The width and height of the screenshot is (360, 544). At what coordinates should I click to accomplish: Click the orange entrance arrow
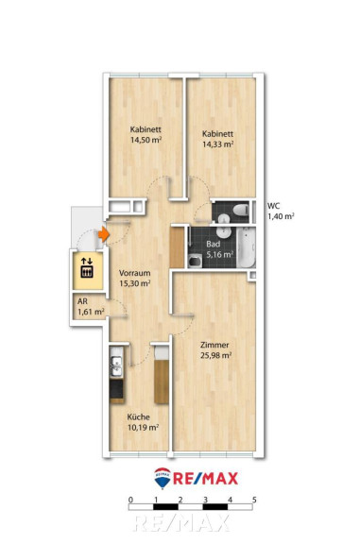pyautogui.click(x=103, y=234)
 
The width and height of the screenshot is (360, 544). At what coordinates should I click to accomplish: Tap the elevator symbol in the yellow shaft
pyautogui.click(x=87, y=268)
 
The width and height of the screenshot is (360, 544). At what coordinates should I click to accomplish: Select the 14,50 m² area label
pyautogui.click(x=146, y=140)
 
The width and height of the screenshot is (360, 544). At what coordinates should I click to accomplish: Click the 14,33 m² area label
pyautogui.click(x=218, y=144)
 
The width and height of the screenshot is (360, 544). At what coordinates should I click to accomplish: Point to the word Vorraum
pyautogui.click(x=135, y=273)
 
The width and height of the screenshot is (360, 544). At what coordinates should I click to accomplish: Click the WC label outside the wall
pyautogui.click(x=274, y=206)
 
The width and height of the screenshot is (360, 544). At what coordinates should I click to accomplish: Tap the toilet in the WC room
pyautogui.click(x=240, y=210)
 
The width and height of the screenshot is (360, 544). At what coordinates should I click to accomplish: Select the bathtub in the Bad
pyautogui.click(x=247, y=247)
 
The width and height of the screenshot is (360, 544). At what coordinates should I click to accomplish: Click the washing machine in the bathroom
pyautogui.click(x=195, y=261)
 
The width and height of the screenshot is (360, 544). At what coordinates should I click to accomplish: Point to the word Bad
pyautogui.click(x=213, y=244)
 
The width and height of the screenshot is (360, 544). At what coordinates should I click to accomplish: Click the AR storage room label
pyautogui.click(x=82, y=301)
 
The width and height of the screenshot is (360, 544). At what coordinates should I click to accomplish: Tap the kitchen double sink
pyautogui.click(x=116, y=366)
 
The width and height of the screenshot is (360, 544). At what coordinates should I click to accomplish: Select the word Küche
pyautogui.click(x=139, y=416)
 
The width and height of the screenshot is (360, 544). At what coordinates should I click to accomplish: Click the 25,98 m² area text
pyautogui.click(x=216, y=355)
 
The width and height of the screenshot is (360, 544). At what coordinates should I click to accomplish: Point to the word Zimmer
pyautogui.click(x=214, y=345)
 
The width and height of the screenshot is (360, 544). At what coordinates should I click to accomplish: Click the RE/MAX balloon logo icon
pyautogui.click(x=163, y=478)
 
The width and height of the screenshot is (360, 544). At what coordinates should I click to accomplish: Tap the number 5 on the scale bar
pyautogui.click(x=254, y=500)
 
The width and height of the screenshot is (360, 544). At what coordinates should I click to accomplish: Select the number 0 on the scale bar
pyautogui.click(x=130, y=500)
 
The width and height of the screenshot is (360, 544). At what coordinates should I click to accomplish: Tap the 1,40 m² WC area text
pyautogui.click(x=281, y=216)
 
